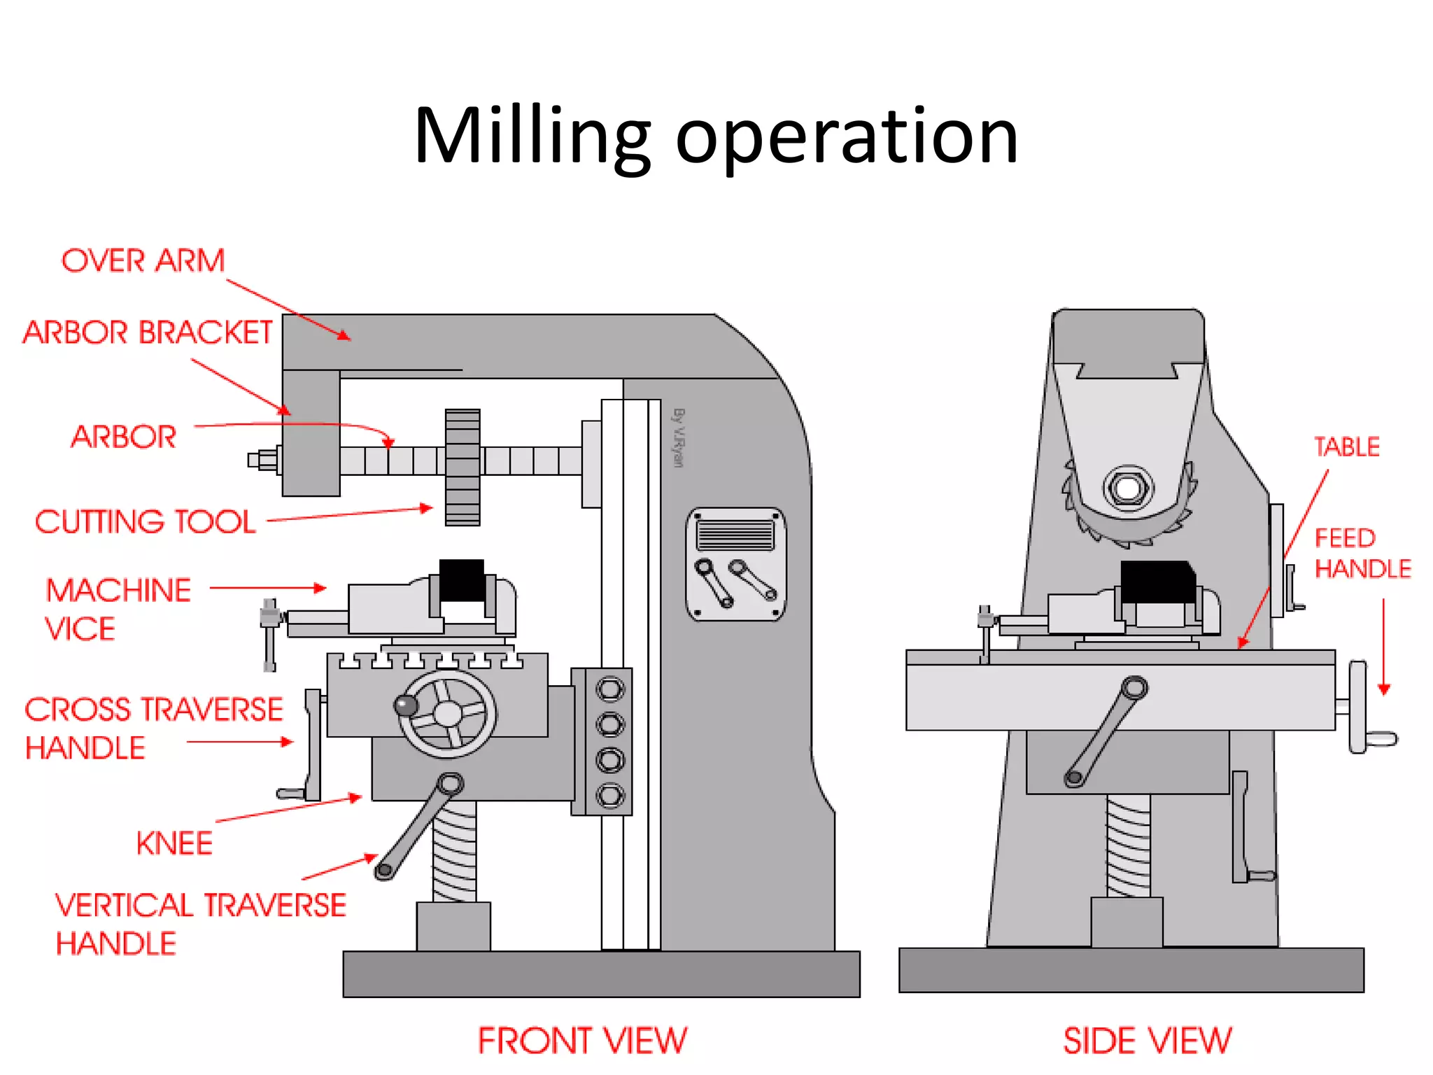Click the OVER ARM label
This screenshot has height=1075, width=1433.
tap(143, 261)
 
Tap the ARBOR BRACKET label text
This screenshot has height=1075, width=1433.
tap(148, 333)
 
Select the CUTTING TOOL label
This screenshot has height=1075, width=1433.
tap(146, 522)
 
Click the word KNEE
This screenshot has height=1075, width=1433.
tap(174, 843)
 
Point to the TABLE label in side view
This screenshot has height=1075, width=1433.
tap(1346, 447)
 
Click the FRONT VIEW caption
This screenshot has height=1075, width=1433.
tap(582, 1041)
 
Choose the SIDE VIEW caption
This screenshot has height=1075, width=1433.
tap(1147, 1041)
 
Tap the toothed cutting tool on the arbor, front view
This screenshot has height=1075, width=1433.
tap(463, 467)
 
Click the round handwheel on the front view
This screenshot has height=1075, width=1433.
tap(448, 714)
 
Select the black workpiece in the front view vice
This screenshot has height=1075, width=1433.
tap(461, 579)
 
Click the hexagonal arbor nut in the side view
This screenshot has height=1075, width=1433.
tap(1127, 487)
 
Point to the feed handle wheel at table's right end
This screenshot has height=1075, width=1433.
tap(1358, 707)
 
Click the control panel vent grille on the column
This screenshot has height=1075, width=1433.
tap(735, 536)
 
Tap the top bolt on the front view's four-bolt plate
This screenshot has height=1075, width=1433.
tap(609, 689)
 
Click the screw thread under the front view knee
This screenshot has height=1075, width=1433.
tap(454, 850)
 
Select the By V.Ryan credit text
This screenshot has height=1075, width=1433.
tap(678, 437)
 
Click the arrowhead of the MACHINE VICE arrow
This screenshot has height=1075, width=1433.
tap(320, 588)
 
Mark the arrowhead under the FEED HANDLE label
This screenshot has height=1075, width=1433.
tap(1383, 689)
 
